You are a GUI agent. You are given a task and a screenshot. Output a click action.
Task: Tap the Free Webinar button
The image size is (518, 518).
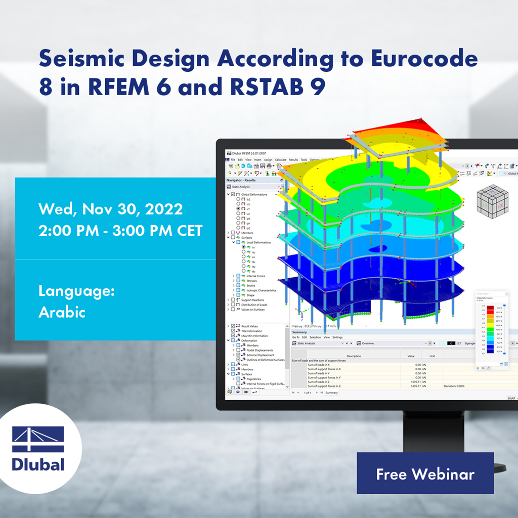[425, 473]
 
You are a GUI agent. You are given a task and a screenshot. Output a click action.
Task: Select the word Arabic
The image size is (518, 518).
[62, 312]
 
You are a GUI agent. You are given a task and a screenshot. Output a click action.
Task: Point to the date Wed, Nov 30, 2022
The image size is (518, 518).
[111, 208]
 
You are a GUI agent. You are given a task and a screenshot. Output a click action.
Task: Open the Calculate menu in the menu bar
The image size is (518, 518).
[280, 160]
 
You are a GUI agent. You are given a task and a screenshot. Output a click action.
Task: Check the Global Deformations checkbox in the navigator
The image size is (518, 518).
[233, 194]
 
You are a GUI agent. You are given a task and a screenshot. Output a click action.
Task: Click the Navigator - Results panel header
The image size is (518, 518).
[241, 180]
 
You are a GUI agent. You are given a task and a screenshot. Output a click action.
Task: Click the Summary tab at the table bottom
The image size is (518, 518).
[331, 393]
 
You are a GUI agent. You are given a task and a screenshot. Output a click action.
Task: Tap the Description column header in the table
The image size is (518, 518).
[354, 356]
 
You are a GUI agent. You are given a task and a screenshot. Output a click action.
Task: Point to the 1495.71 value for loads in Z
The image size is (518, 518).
[414, 381]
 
